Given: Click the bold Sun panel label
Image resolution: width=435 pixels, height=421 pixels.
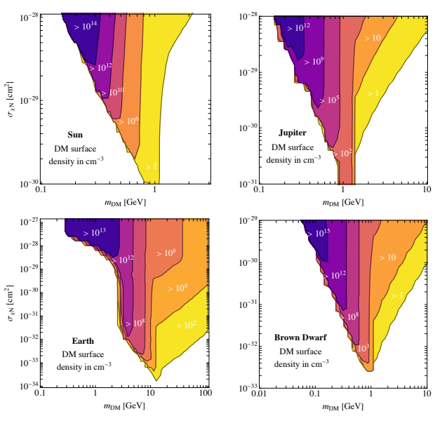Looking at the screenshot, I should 76,134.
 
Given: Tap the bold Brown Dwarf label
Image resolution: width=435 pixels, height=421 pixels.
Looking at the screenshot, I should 300,338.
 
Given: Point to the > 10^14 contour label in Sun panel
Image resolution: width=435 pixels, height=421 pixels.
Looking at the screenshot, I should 86,25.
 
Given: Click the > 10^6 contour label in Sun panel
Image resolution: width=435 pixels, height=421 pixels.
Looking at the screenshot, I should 128,121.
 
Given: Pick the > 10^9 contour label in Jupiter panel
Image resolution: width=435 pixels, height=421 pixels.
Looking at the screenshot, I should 313,62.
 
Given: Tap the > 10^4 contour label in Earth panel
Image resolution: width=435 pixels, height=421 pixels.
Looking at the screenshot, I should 176,288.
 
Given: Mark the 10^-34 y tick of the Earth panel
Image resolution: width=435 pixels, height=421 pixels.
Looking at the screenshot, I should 28,385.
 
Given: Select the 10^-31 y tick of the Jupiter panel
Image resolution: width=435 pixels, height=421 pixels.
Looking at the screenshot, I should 245,184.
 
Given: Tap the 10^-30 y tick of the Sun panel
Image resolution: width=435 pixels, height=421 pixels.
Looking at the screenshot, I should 28,184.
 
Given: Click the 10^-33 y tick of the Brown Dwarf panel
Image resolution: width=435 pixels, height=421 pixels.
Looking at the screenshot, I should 245,387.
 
